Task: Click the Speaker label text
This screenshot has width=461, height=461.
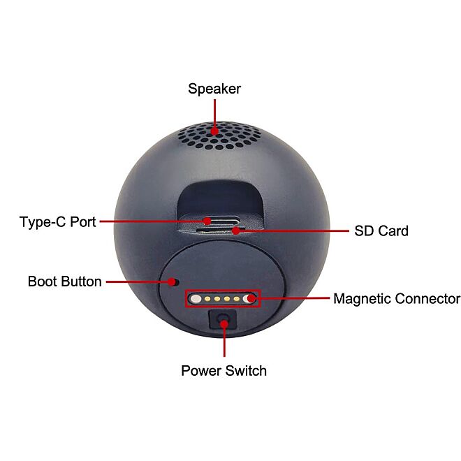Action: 214,89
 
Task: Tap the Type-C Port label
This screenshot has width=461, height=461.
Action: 57,222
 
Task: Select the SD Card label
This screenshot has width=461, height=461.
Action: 381,230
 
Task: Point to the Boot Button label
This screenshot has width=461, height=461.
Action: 65,281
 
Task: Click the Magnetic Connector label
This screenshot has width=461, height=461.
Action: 397,299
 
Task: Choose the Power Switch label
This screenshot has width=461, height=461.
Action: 224,370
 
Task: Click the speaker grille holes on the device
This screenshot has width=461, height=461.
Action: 219,136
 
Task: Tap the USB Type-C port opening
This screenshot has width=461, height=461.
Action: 221,221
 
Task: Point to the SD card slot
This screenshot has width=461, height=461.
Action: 221,230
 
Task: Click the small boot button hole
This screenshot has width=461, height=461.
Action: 176,282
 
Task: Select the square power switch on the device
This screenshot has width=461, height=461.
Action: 223,319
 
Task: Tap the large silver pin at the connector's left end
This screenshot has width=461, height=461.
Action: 196,299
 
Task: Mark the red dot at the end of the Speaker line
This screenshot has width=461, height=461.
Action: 215,131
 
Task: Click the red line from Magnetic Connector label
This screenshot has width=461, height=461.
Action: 293,298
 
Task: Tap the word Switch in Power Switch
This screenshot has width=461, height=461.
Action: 246,370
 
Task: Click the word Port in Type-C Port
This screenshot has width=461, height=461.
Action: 83,222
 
